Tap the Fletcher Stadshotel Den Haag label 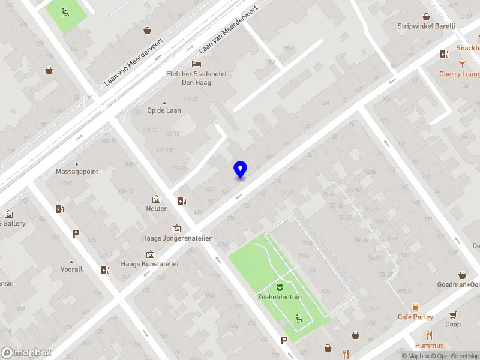[x=196, y=78]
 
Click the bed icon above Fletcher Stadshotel [x=196, y=64]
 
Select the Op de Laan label [x=164, y=110]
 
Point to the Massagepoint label [x=77, y=172]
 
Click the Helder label [x=156, y=209]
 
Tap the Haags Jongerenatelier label [x=176, y=238]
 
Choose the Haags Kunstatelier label [x=150, y=264]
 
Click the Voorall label [x=71, y=270]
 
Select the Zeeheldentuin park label [x=280, y=296]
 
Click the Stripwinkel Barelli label [x=427, y=26]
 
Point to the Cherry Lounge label [x=460, y=74]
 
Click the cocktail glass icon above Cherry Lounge [x=462, y=64]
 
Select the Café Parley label [x=415, y=317]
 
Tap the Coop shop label [x=453, y=325]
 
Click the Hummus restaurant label [x=429, y=346]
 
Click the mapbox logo [x=26, y=353]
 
